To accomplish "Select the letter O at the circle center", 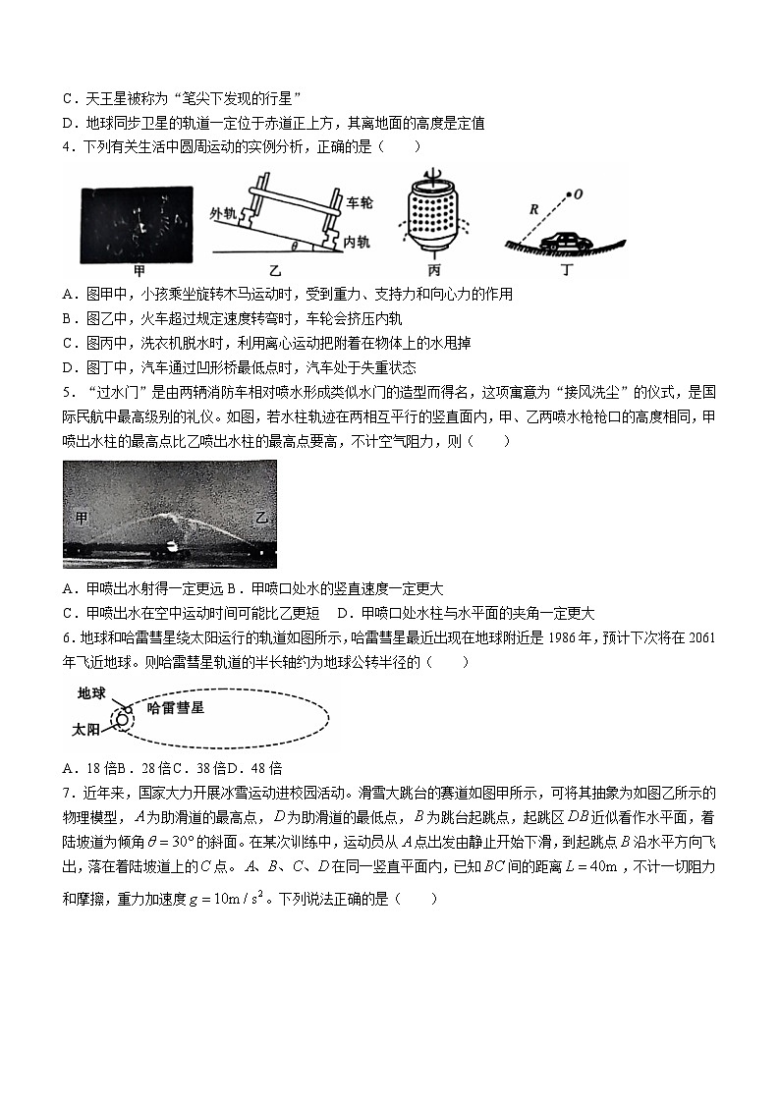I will tap(578, 194).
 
